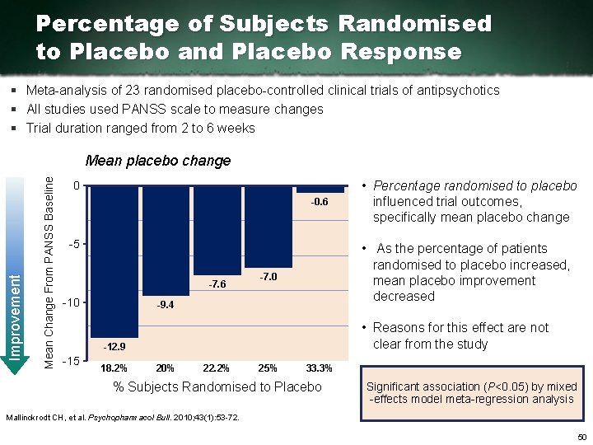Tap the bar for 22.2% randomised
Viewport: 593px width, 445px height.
[x=217, y=231]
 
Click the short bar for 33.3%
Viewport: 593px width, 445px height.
[x=320, y=190]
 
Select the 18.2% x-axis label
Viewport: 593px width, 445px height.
[x=113, y=368]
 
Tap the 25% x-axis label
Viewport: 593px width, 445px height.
[x=268, y=368]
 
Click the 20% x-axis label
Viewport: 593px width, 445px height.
[x=165, y=368]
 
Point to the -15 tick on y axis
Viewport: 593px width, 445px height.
[x=71, y=362]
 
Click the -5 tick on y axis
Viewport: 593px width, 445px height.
[x=73, y=245]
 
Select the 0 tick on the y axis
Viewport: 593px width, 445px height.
[x=75, y=186]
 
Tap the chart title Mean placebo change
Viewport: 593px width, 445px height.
[x=158, y=161]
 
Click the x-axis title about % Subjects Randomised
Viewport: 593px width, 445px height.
[x=217, y=386]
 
